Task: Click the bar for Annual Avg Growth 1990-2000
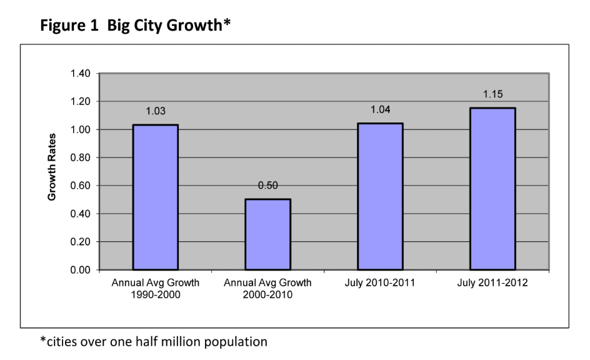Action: (156, 197)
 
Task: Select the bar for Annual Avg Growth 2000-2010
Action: (268, 234)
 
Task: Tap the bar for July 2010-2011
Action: (380, 196)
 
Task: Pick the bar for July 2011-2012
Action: (492, 189)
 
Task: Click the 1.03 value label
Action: (156, 111)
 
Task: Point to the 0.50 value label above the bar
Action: (268, 186)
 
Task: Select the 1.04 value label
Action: (380, 110)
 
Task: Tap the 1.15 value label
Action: (492, 94)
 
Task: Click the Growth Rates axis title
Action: (53, 167)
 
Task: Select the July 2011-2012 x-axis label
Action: (492, 283)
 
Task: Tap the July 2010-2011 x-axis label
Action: (380, 283)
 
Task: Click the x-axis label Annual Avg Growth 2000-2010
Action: (268, 288)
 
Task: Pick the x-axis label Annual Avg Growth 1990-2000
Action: (156, 288)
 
